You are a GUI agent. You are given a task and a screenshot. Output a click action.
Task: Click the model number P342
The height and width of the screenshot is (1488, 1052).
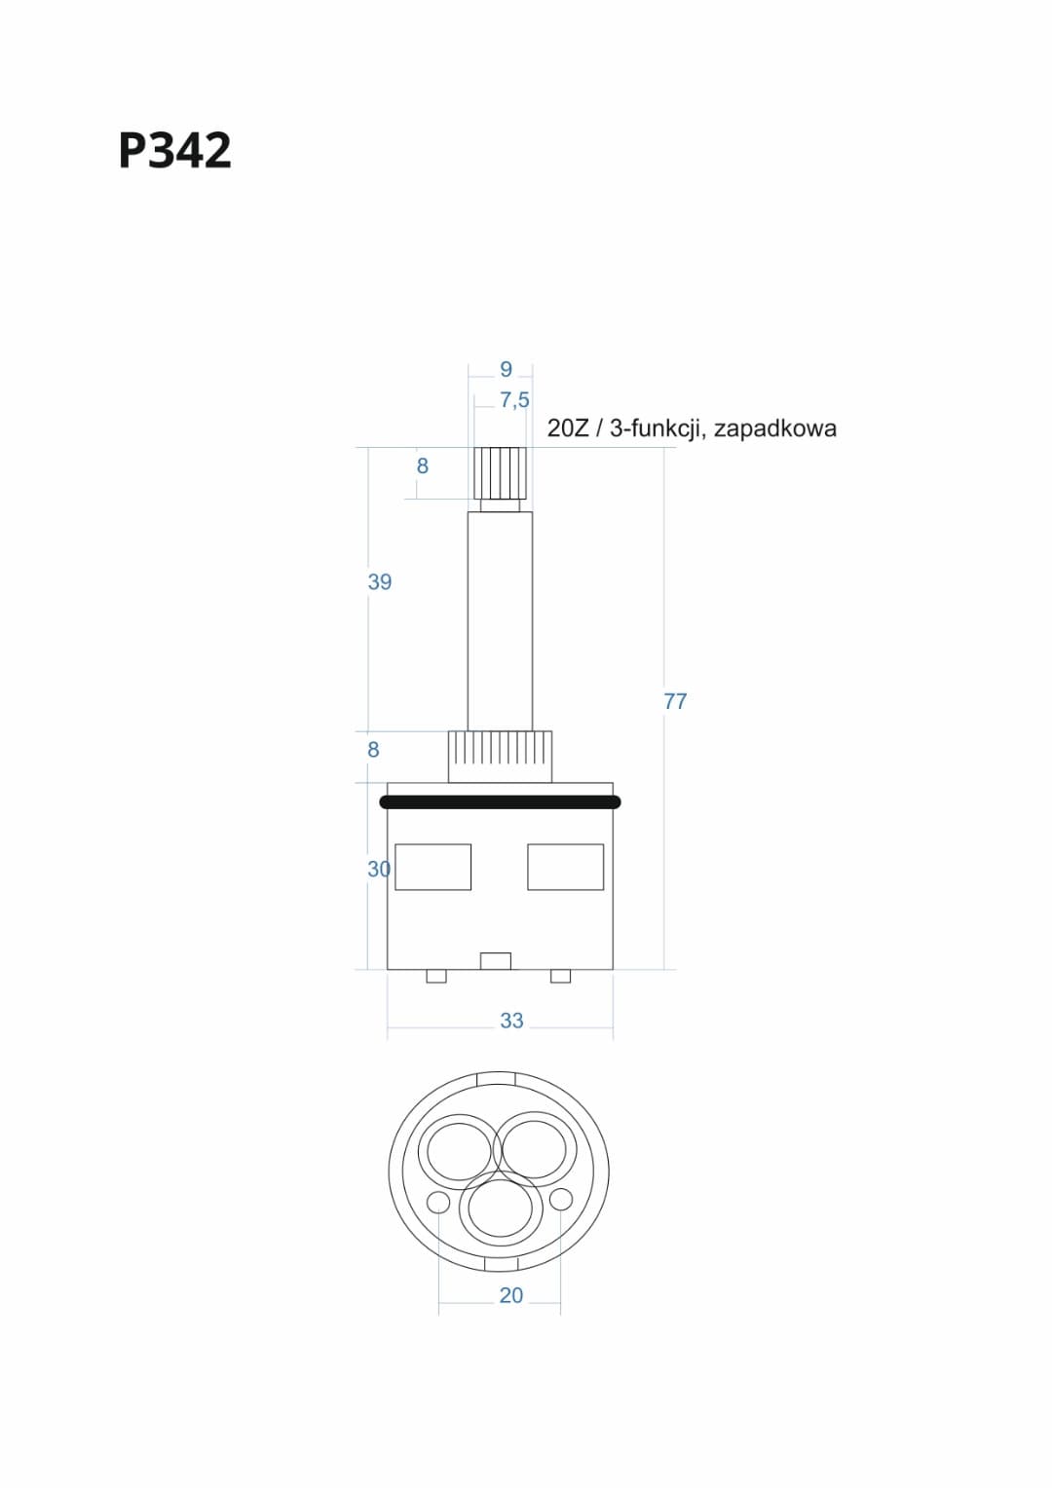click(174, 150)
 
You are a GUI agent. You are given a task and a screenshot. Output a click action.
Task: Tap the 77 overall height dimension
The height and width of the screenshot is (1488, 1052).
click(675, 701)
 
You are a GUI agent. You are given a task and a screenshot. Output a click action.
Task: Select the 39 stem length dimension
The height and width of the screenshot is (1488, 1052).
click(380, 582)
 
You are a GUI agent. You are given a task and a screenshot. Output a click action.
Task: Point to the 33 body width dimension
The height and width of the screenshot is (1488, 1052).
click(511, 1021)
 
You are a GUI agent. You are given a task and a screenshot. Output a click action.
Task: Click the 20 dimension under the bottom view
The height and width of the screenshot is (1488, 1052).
click(511, 1295)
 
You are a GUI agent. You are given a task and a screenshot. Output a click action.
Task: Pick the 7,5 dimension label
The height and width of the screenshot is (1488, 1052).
click(514, 400)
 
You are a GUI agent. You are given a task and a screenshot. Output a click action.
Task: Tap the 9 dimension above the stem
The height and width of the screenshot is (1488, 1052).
click(507, 369)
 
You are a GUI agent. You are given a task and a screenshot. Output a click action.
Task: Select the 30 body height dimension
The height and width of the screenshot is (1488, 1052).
click(379, 869)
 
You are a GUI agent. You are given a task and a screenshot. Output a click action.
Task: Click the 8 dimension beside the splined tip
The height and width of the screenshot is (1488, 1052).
click(423, 466)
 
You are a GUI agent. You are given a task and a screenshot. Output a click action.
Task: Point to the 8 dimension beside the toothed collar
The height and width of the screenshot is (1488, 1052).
click(373, 750)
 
